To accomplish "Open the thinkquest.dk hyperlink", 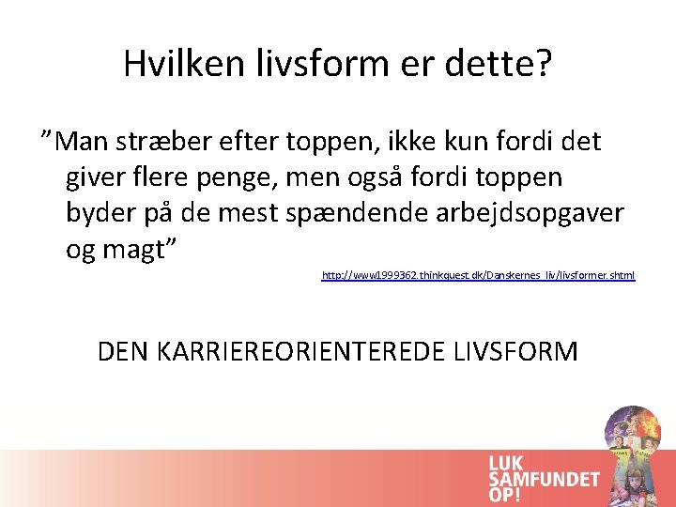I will pyautogui.click(x=478, y=275).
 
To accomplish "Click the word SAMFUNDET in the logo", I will pyautogui.click(x=544, y=479).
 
